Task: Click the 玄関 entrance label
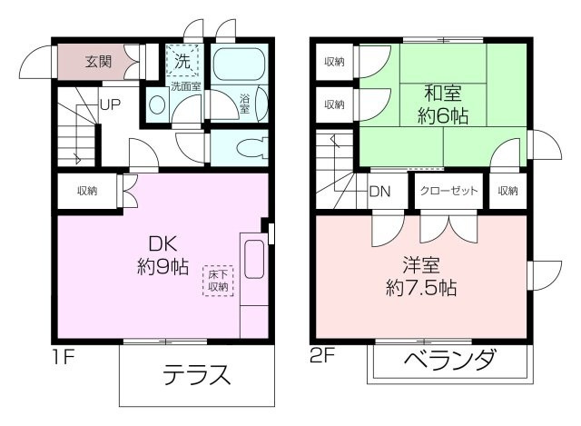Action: [x=99, y=63]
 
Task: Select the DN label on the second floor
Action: [x=379, y=193]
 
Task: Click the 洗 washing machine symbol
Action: [x=182, y=63]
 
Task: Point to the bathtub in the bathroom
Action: [x=237, y=64]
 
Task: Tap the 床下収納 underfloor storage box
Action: [x=218, y=280]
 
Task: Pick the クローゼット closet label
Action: [x=448, y=192]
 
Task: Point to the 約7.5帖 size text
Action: [x=420, y=289]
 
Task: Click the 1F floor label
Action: [x=62, y=355]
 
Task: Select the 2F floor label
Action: [x=323, y=355]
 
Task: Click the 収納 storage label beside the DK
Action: [x=87, y=191]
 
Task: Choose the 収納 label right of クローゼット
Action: [x=507, y=192]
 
